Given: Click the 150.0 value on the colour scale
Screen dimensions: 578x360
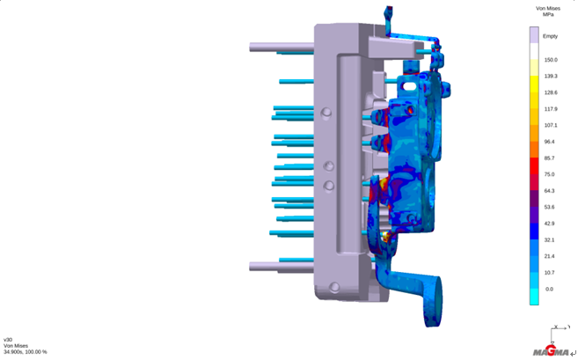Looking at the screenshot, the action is pyautogui.click(x=551, y=60).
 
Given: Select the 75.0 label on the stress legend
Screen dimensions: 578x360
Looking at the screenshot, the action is pyautogui.click(x=549, y=174).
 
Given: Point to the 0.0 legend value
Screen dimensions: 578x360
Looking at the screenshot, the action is pyautogui.click(x=549, y=290).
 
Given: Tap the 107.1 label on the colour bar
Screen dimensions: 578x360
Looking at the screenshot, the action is pyautogui.click(x=551, y=125).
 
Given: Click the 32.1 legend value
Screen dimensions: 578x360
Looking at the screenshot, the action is pyautogui.click(x=549, y=240).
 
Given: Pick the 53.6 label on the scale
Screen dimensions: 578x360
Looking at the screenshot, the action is pyautogui.click(x=549, y=208).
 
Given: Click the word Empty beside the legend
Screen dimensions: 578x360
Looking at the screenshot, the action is pyautogui.click(x=550, y=36).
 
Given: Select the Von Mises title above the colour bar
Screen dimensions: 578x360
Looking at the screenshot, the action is pyautogui.click(x=548, y=8).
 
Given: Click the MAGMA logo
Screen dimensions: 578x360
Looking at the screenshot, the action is pyautogui.click(x=551, y=351).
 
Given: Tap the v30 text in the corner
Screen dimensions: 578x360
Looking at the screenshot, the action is pyautogui.click(x=8, y=340).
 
